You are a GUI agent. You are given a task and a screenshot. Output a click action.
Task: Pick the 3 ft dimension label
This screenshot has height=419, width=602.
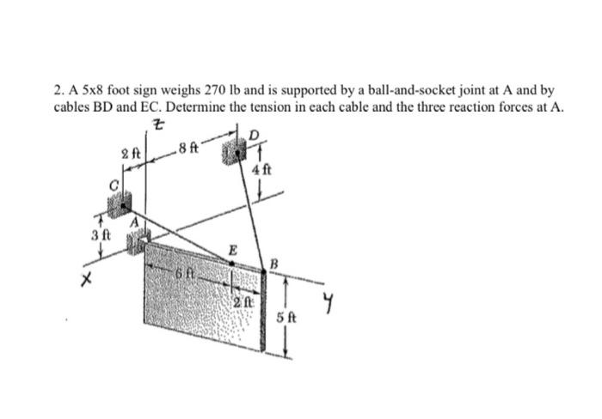(101, 234)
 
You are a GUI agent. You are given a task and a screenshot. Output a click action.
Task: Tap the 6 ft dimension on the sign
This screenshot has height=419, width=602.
(184, 273)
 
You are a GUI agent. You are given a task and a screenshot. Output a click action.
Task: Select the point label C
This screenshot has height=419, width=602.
(111, 183)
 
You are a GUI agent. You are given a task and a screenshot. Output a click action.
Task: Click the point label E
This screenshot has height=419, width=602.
(230, 247)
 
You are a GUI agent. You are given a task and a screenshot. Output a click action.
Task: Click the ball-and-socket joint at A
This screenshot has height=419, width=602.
(138, 242)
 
